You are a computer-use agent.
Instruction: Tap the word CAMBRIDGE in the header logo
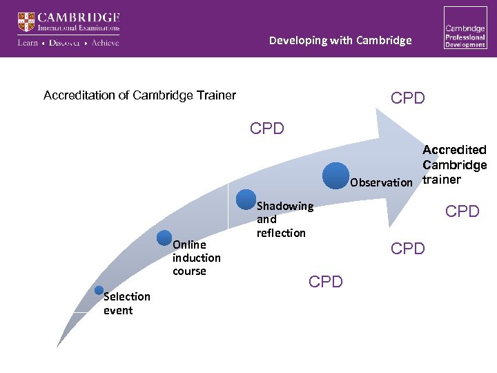click(79, 17)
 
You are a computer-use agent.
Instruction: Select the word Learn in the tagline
click(28, 43)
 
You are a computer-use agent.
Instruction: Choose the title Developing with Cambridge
click(340, 40)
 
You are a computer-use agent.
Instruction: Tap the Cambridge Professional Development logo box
click(465, 28)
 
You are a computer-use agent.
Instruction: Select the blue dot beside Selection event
click(99, 291)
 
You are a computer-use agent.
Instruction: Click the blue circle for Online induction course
click(164, 238)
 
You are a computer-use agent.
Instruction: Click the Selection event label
click(126, 303)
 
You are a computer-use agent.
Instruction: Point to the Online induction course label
click(196, 258)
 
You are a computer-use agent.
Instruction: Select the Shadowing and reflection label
click(284, 220)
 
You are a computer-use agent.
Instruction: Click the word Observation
click(380, 183)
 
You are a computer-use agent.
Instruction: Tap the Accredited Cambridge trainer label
click(454, 165)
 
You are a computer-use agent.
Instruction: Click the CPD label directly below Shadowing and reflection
click(327, 282)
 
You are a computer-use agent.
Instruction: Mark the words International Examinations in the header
click(79, 29)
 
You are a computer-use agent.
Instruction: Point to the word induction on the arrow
click(197, 258)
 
